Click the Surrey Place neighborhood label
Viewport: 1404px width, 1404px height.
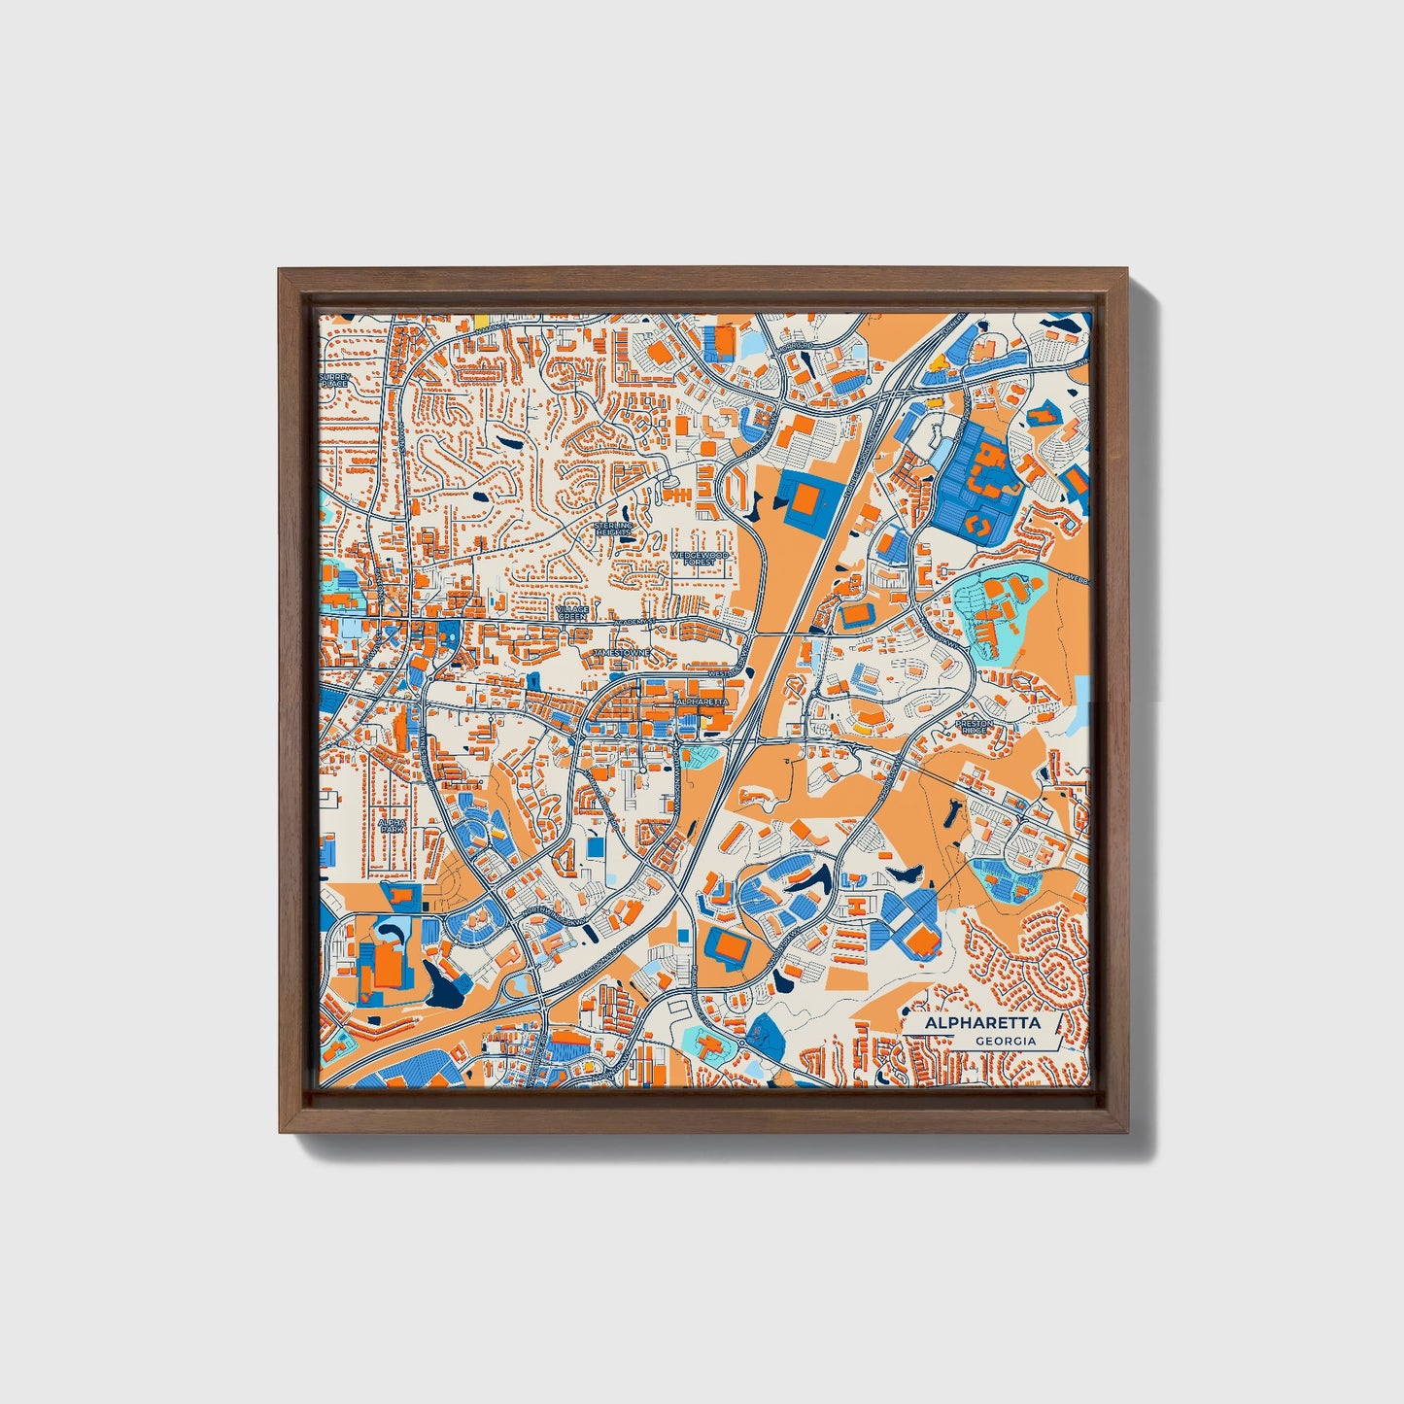(x=333, y=380)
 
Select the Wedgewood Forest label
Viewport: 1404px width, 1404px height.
(x=700, y=558)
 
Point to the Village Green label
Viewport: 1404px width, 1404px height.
(x=572, y=613)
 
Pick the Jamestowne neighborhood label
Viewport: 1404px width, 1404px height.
(x=621, y=653)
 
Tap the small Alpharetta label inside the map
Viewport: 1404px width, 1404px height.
(x=701, y=701)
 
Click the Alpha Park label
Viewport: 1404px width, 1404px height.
(x=392, y=825)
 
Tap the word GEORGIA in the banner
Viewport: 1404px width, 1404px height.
(x=1006, y=1042)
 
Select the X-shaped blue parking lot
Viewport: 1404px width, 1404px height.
(x=908, y=920)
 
